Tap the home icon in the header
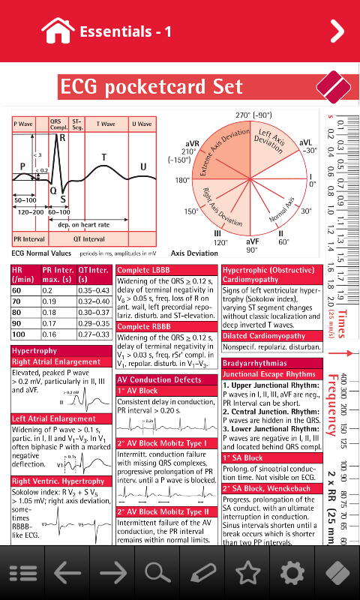tap(58, 31)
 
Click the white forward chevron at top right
tap(337, 31)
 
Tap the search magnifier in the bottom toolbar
tap(157, 573)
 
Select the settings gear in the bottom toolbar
tap(292, 573)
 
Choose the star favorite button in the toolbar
tap(247, 573)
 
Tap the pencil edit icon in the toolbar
tap(202, 573)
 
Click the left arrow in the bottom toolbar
tap(67, 573)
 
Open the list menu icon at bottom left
tap(22, 573)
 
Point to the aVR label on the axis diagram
tap(192, 142)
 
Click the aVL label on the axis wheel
tap(305, 142)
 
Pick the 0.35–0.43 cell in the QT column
tap(94, 289)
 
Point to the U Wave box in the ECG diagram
tap(142, 123)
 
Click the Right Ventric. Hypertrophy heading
tap(58, 481)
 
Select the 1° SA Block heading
tap(243, 457)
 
